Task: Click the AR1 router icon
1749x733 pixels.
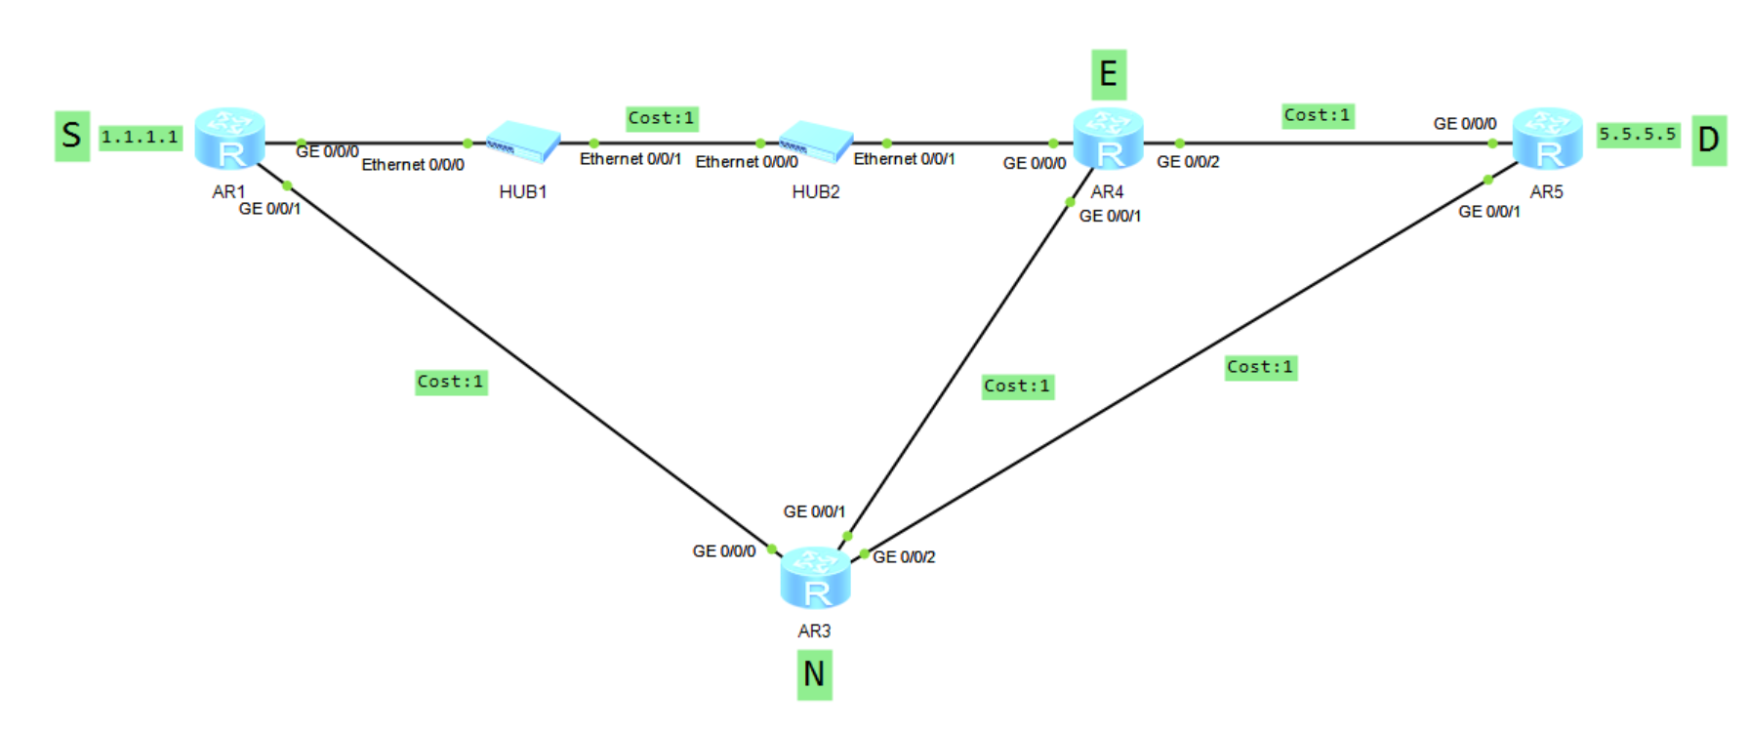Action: coord(229,139)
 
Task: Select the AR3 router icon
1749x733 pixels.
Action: coord(815,578)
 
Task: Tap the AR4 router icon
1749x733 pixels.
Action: coord(1108,139)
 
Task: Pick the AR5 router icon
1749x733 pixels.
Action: coord(1547,139)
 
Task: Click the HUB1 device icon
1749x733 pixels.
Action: coord(523,143)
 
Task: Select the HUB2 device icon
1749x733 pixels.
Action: coord(816,143)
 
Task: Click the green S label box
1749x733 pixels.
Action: coord(72,135)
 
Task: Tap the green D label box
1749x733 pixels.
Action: coord(1708,140)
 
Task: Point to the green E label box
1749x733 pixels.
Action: coord(1108,74)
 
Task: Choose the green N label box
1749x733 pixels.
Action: coord(814,674)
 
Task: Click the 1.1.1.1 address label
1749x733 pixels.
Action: coord(141,138)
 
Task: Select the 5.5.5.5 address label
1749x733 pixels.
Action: coord(1637,135)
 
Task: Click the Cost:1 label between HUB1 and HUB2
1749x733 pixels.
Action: coord(662,118)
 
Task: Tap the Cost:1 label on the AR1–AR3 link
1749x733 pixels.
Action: coord(451,382)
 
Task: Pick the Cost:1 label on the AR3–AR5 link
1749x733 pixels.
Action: coord(1260,367)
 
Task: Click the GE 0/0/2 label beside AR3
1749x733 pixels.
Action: coord(904,557)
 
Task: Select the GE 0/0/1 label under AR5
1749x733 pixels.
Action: coord(1488,212)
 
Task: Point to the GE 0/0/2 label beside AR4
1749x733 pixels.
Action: coord(1188,162)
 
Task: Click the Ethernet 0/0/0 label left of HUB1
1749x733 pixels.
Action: coord(413,165)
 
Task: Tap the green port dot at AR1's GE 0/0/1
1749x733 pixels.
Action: coord(287,185)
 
